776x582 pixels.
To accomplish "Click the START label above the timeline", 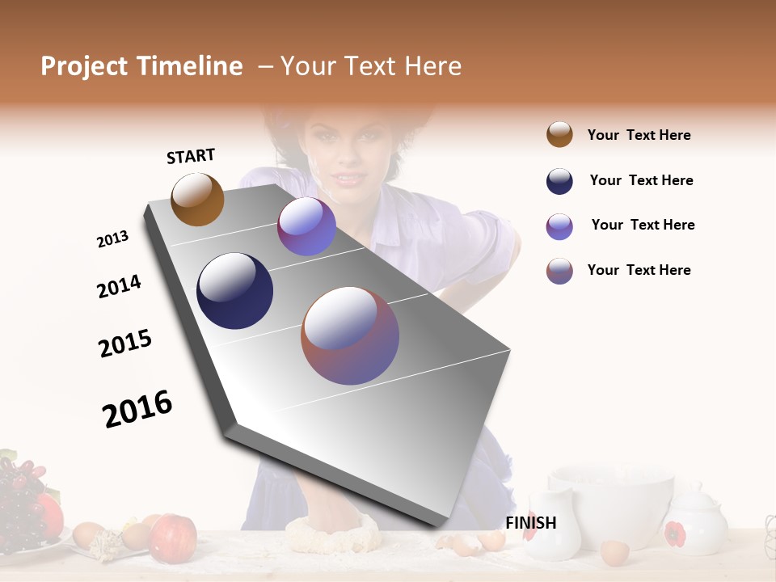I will pos(191,156).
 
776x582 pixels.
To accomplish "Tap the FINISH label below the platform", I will pos(530,523).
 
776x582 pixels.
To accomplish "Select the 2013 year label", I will pos(113,239).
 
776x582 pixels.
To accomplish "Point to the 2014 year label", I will pos(119,286).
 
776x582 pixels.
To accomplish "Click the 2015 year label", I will pos(125,344).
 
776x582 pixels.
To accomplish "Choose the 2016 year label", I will pos(137,409).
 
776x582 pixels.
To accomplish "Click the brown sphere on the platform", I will pos(197,199).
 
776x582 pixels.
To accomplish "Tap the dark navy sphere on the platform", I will pos(234,291).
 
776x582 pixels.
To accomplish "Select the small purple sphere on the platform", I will pos(306,226).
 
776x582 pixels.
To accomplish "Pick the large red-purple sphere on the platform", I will pos(350,335).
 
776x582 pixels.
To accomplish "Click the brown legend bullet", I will pos(559,134).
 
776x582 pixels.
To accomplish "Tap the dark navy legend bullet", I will pos(559,181).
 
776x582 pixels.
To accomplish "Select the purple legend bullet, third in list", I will pos(559,226).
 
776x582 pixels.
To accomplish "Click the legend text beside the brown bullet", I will pos(639,135).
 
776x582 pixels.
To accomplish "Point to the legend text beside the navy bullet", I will pos(641,180).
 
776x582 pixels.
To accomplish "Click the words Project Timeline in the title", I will pos(141,66).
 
